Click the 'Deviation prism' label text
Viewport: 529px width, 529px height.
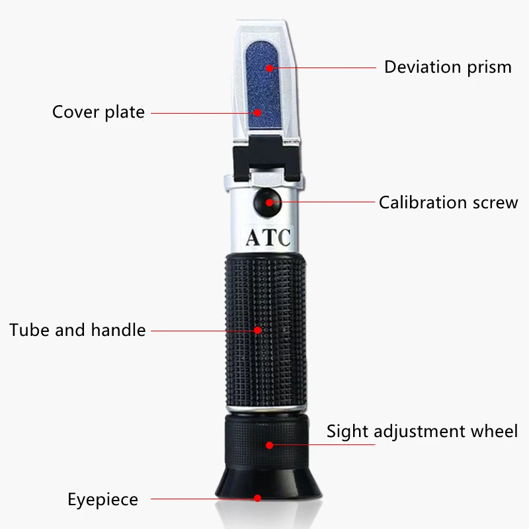tap(448, 67)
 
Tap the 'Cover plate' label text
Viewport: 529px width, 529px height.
tap(98, 112)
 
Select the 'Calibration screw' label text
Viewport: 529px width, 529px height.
tap(448, 202)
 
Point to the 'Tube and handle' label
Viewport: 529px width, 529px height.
tap(77, 329)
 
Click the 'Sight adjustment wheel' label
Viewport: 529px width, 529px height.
tap(422, 432)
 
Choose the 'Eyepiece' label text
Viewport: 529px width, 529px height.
tap(102, 499)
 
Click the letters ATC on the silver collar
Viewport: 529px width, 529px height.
tap(268, 237)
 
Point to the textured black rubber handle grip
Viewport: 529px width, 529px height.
tap(268, 331)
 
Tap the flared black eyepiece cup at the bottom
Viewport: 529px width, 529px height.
tap(268, 489)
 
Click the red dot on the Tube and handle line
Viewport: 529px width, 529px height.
tap(259, 329)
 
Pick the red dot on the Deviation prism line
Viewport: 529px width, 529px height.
tap(268, 67)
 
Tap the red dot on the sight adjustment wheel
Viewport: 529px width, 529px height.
tap(270, 445)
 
